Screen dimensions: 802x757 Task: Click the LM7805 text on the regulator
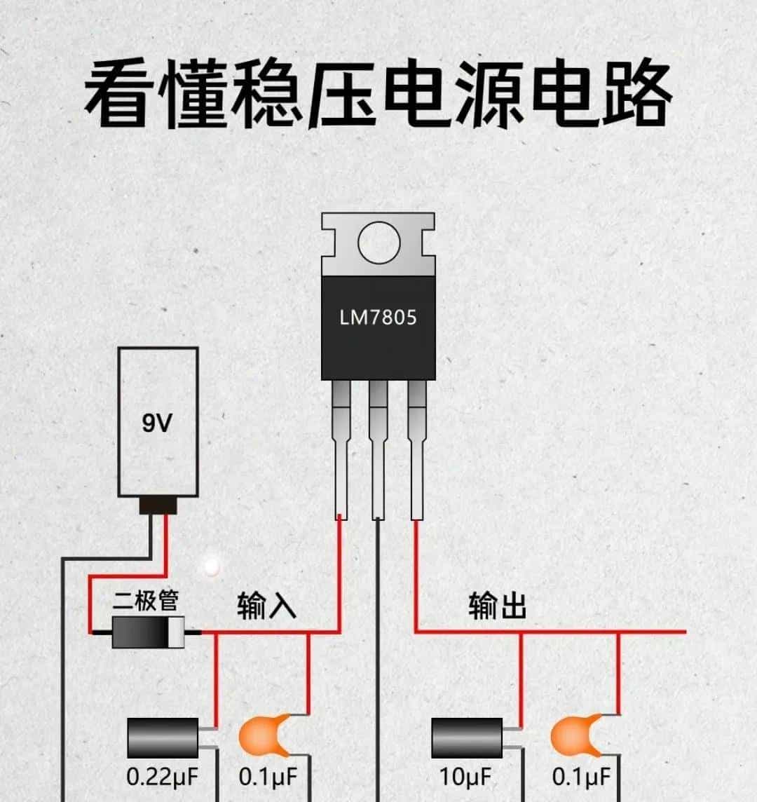tap(378, 318)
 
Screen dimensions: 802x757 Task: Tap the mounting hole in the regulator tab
tap(378, 243)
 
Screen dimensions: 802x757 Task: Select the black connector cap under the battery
tap(158, 505)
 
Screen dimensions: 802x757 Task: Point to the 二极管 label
tap(146, 601)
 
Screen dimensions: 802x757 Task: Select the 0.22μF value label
tap(162, 776)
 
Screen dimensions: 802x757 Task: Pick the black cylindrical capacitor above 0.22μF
tap(163, 738)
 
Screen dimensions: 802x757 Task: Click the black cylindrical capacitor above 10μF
tap(466, 738)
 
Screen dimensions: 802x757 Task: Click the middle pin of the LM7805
tap(378, 449)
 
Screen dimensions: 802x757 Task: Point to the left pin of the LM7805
tap(340, 449)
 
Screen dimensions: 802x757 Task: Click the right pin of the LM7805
tap(416, 449)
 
